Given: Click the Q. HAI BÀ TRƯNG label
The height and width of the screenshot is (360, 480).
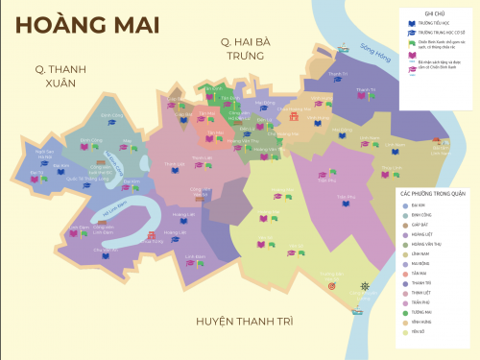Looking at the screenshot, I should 251,47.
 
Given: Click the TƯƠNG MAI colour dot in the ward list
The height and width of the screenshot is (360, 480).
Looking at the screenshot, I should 405,312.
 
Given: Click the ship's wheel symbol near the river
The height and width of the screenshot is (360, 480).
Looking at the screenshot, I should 364,285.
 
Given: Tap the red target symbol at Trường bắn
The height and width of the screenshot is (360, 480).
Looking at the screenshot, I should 332,285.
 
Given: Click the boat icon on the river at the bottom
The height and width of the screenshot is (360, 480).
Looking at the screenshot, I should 358,305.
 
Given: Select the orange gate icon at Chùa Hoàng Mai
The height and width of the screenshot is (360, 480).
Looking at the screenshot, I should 294,117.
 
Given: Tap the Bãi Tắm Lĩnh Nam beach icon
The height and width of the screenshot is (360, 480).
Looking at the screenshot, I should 439,144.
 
